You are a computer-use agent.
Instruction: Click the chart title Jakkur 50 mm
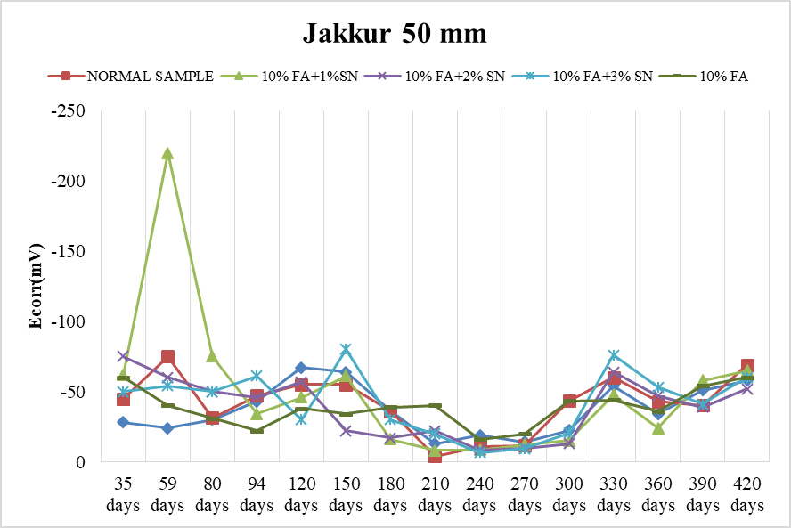tap(395, 35)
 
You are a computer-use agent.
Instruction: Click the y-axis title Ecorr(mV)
tap(37, 286)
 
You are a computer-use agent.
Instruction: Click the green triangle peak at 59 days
tap(167, 153)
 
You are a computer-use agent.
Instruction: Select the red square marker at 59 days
tap(167, 357)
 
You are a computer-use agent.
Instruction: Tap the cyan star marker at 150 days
tap(346, 349)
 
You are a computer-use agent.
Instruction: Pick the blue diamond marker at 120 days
tap(301, 368)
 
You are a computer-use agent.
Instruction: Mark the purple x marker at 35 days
tap(123, 356)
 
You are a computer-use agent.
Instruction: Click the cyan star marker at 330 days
tap(614, 355)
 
